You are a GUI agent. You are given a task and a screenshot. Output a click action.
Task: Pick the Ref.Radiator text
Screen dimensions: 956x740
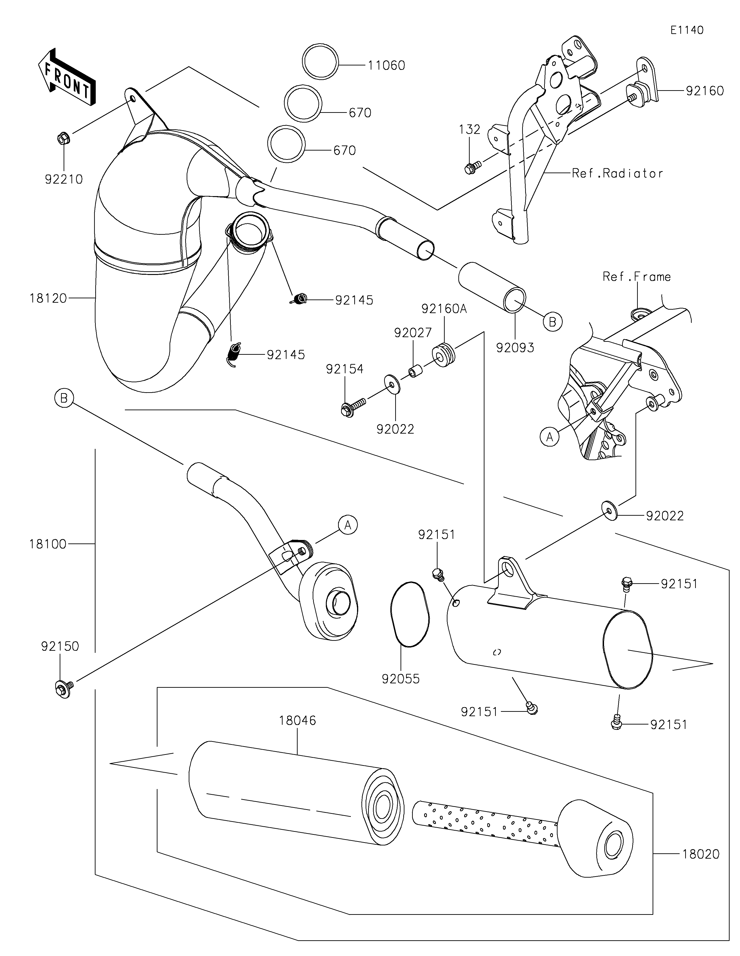[x=617, y=174]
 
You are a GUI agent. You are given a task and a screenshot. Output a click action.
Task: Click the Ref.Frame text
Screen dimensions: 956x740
[x=636, y=277]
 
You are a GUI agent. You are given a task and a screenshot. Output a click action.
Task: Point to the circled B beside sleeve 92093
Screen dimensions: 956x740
[x=552, y=322]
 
